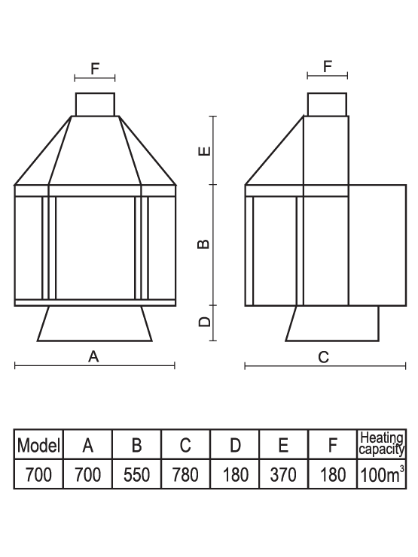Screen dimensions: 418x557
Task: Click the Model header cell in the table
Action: click(38, 444)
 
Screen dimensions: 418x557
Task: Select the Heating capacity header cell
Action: click(382, 444)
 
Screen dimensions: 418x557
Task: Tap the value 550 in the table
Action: click(137, 474)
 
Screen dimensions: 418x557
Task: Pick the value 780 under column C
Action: click(185, 474)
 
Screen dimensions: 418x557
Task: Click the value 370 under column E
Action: click(283, 474)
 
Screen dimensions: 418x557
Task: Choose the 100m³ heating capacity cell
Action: click(382, 474)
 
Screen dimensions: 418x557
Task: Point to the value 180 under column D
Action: click(235, 474)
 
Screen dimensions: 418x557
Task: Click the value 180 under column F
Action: click(333, 474)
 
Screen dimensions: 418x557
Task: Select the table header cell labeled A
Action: click(87, 444)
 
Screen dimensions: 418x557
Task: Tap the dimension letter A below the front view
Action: click(93, 356)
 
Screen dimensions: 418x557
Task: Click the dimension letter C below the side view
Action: click(323, 357)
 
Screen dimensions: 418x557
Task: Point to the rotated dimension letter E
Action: click(204, 151)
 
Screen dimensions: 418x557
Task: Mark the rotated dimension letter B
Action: click(203, 244)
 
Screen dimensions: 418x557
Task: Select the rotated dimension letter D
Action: click(204, 322)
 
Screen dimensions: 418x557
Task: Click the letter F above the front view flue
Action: click(95, 68)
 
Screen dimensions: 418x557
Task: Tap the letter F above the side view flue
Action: click(328, 66)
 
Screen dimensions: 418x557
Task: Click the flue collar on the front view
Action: click(95, 104)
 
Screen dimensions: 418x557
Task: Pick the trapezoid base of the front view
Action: click(95, 324)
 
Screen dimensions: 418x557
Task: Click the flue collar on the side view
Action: click(327, 104)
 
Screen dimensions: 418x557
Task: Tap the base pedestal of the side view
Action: click(332, 324)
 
